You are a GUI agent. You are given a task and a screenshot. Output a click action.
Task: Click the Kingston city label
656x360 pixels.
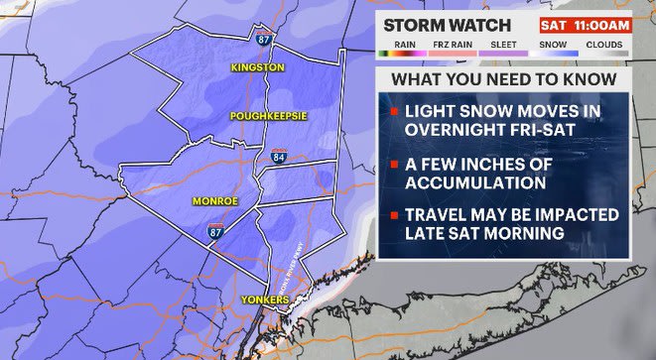coord(257,67)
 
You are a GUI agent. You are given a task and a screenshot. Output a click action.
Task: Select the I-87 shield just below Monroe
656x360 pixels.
coord(216,230)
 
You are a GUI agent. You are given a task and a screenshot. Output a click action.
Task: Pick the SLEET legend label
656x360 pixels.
coord(502,44)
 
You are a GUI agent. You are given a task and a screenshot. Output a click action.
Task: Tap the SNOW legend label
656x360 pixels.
coord(554,44)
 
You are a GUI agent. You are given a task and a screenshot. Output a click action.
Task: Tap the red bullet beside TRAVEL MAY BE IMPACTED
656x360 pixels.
coord(393,215)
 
